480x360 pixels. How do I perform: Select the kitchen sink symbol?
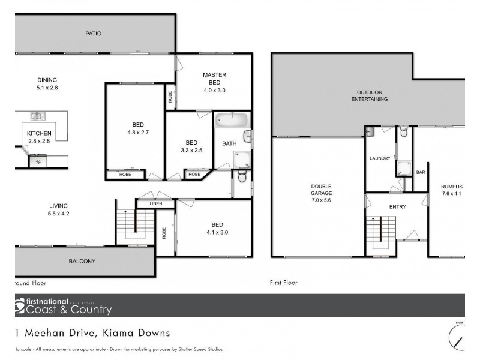click(x=37, y=116)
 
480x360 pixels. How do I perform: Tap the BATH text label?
click(x=229, y=143)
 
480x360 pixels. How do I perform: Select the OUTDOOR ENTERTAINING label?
click(x=369, y=95)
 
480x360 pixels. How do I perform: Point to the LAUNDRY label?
click(x=380, y=158)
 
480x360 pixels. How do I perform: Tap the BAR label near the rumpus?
click(x=421, y=173)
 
